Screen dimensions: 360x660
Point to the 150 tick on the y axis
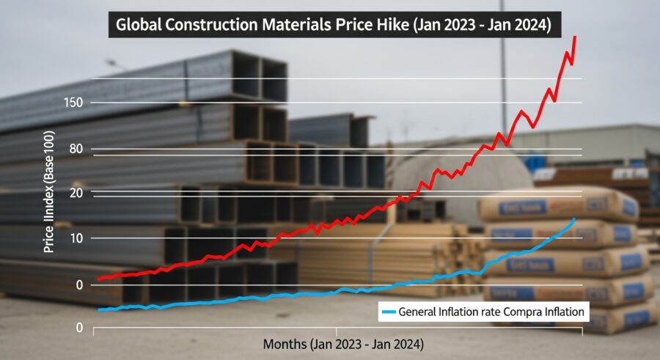(x=74, y=102)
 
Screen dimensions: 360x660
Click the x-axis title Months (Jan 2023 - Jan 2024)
(x=342, y=343)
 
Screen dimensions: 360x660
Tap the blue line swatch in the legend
(x=388, y=312)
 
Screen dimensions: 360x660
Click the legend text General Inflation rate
(x=448, y=312)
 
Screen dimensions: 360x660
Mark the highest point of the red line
(x=574, y=37)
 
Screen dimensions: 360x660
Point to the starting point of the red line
(x=98, y=279)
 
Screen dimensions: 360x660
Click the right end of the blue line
(x=574, y=219)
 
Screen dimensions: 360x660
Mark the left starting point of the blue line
(x=98, y=310)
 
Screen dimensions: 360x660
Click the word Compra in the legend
(x=519, y=312)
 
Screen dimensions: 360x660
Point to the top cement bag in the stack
(x=558, y=205)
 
